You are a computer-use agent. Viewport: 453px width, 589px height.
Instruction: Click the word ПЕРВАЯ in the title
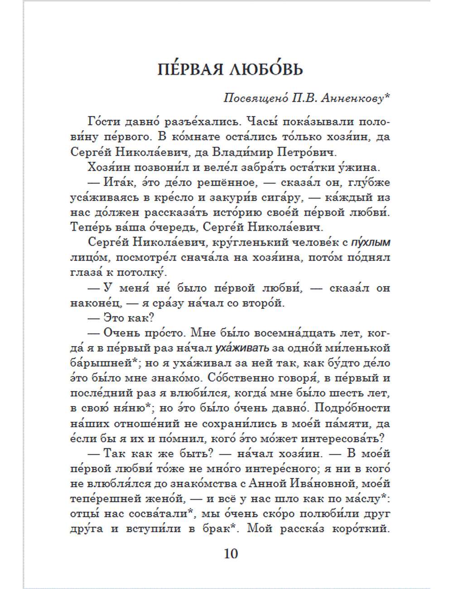click(191, 69)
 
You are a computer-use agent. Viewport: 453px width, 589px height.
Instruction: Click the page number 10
click(231, 554)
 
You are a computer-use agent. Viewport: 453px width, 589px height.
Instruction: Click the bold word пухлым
click(371, 243)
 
